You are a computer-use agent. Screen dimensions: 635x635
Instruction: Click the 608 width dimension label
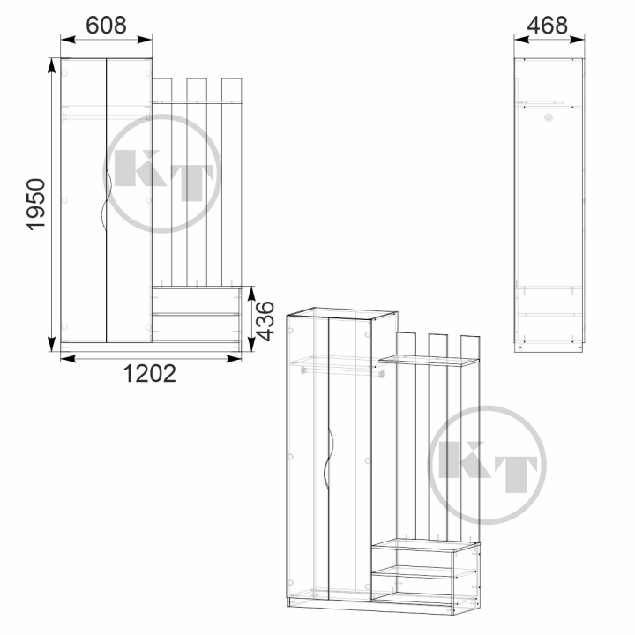(106, 25)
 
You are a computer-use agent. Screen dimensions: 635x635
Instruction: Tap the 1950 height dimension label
(36, 205)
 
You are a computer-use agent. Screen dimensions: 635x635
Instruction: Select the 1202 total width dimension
(149, 373)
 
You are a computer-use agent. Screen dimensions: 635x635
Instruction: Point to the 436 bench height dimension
(265, 321)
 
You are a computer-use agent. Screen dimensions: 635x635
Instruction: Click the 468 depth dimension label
(547, 25)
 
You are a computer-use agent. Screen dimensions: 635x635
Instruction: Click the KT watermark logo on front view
(162, 174)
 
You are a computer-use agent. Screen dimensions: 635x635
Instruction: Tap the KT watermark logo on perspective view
(487, 465)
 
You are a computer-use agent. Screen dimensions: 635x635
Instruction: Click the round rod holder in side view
(549, 117)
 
